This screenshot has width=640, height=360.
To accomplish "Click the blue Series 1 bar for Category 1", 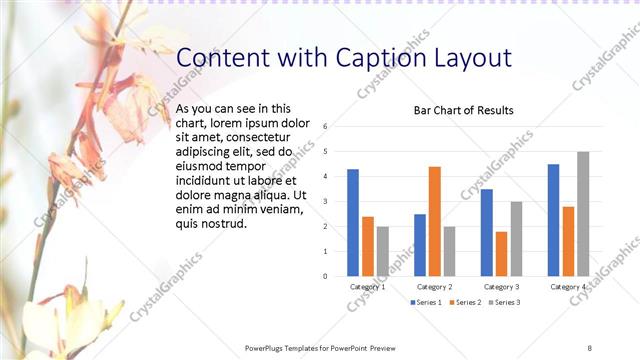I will click(353, 222).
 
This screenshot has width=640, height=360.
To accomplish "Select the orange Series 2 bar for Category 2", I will click(434, 220).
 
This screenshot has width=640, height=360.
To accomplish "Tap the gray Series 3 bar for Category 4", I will click(583, 213).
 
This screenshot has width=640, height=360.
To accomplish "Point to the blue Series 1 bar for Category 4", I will click(553, 219).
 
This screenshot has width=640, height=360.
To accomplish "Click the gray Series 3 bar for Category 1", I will click(383, 250).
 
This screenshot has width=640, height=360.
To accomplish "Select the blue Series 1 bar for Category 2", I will click(419, 244).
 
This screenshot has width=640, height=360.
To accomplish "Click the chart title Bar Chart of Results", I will click(464, 110).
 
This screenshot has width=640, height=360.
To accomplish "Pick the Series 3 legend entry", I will click(504, 301).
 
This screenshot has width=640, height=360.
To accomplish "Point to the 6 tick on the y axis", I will click(325, 127).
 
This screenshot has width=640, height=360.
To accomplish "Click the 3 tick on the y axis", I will click(325, 201).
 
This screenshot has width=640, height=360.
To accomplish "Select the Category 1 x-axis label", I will click(367, 287).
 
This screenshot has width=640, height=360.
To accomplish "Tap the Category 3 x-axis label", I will click(501, 287).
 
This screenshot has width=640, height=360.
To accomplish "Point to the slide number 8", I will click(589, 347).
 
